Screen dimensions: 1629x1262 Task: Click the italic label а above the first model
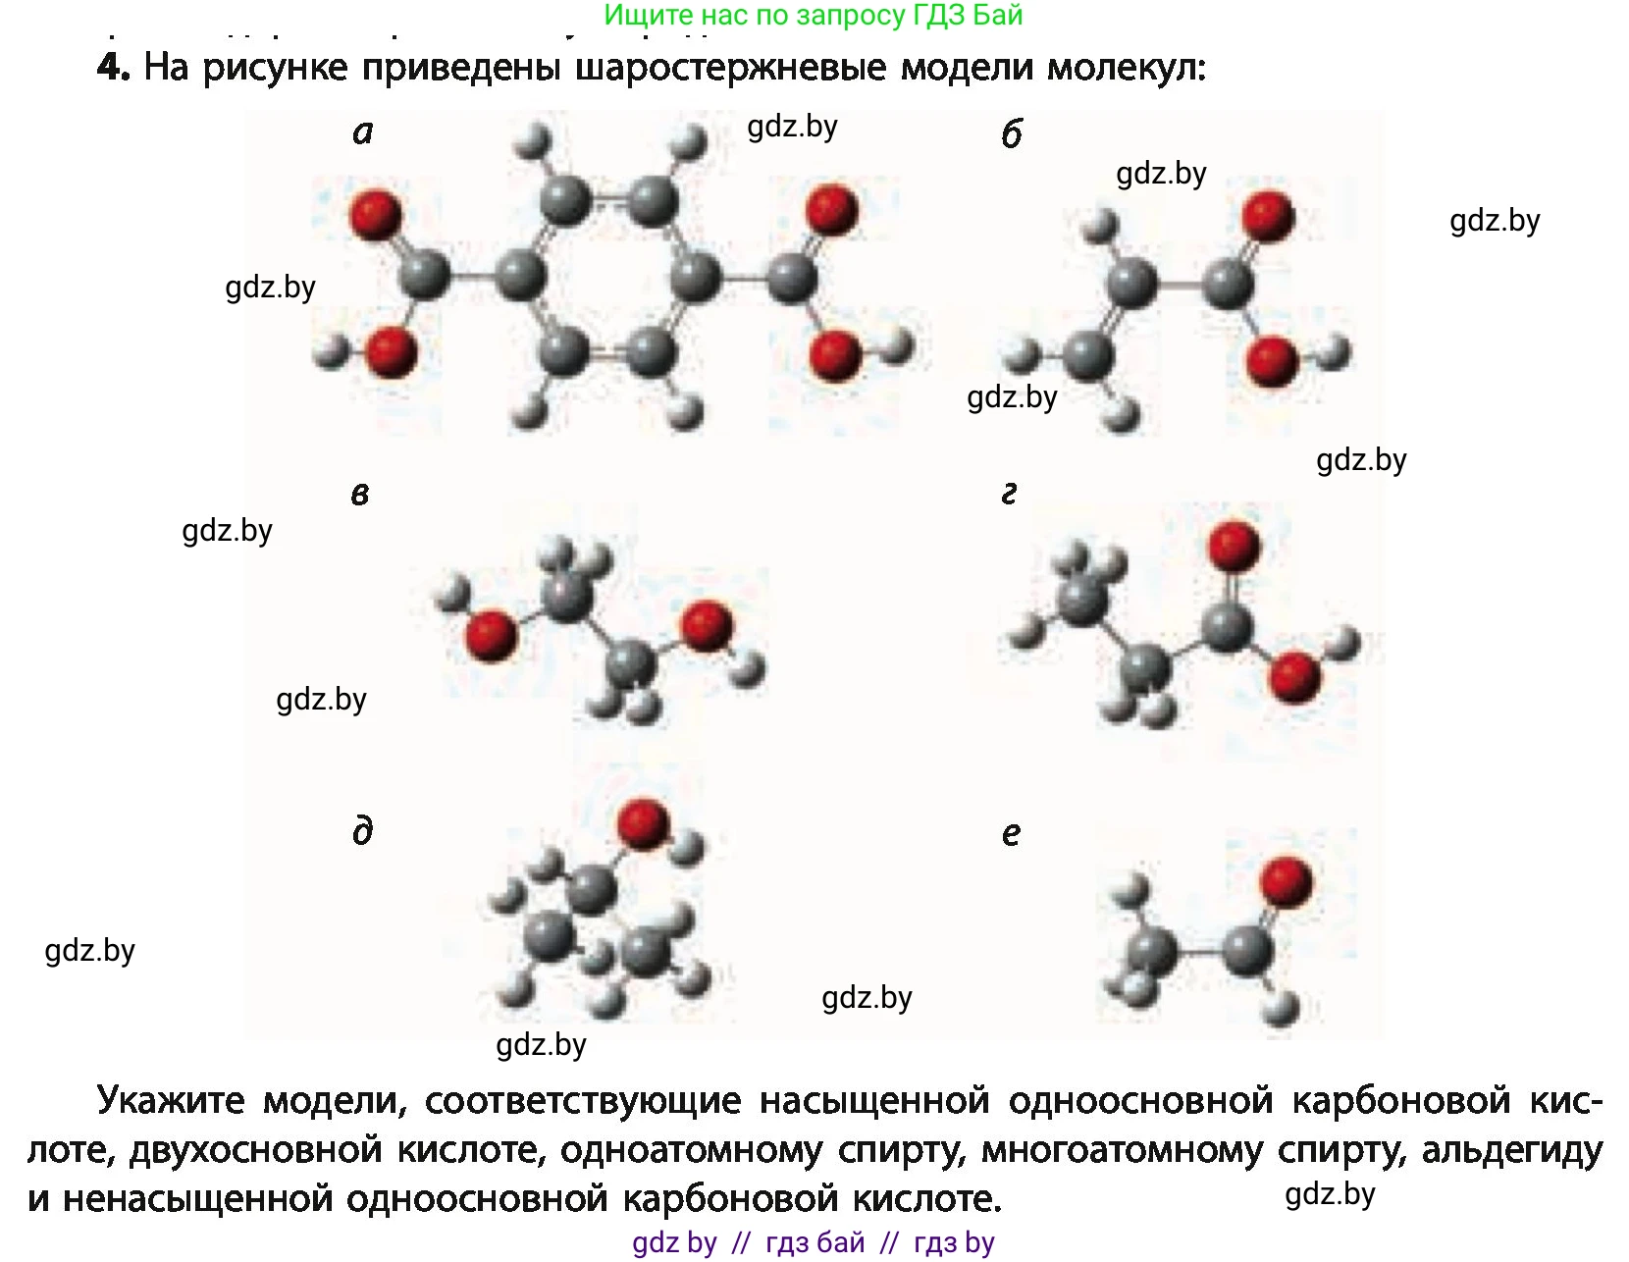click(x=363, y=133)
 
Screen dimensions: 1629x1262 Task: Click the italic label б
click(x=1012, y=134)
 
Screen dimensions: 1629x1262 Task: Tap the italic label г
click(x=1009, y=494)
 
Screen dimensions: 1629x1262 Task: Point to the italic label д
click(x=363, y=831)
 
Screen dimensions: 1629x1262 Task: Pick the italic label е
click(x=1011, y=833)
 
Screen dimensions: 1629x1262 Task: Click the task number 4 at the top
click(x=113, y=68)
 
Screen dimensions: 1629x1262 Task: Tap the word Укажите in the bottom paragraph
click(x=171, y=1101)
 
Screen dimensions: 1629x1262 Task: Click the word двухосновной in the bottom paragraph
click(x=255, y=1150)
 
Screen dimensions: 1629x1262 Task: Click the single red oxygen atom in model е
click(x=1287, y=880)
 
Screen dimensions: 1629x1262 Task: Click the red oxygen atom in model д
click(x=643, y=823)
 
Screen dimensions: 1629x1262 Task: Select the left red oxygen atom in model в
click(x=491, y=636)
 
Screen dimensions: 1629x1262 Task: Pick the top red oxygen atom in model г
click(x=1234, y=546)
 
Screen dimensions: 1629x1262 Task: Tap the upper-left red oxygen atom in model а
click(x=375, y=215)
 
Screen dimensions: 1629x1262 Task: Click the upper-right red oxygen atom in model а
click(x=832, y=208)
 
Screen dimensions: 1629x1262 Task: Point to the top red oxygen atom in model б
click(x=1268, y=216)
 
